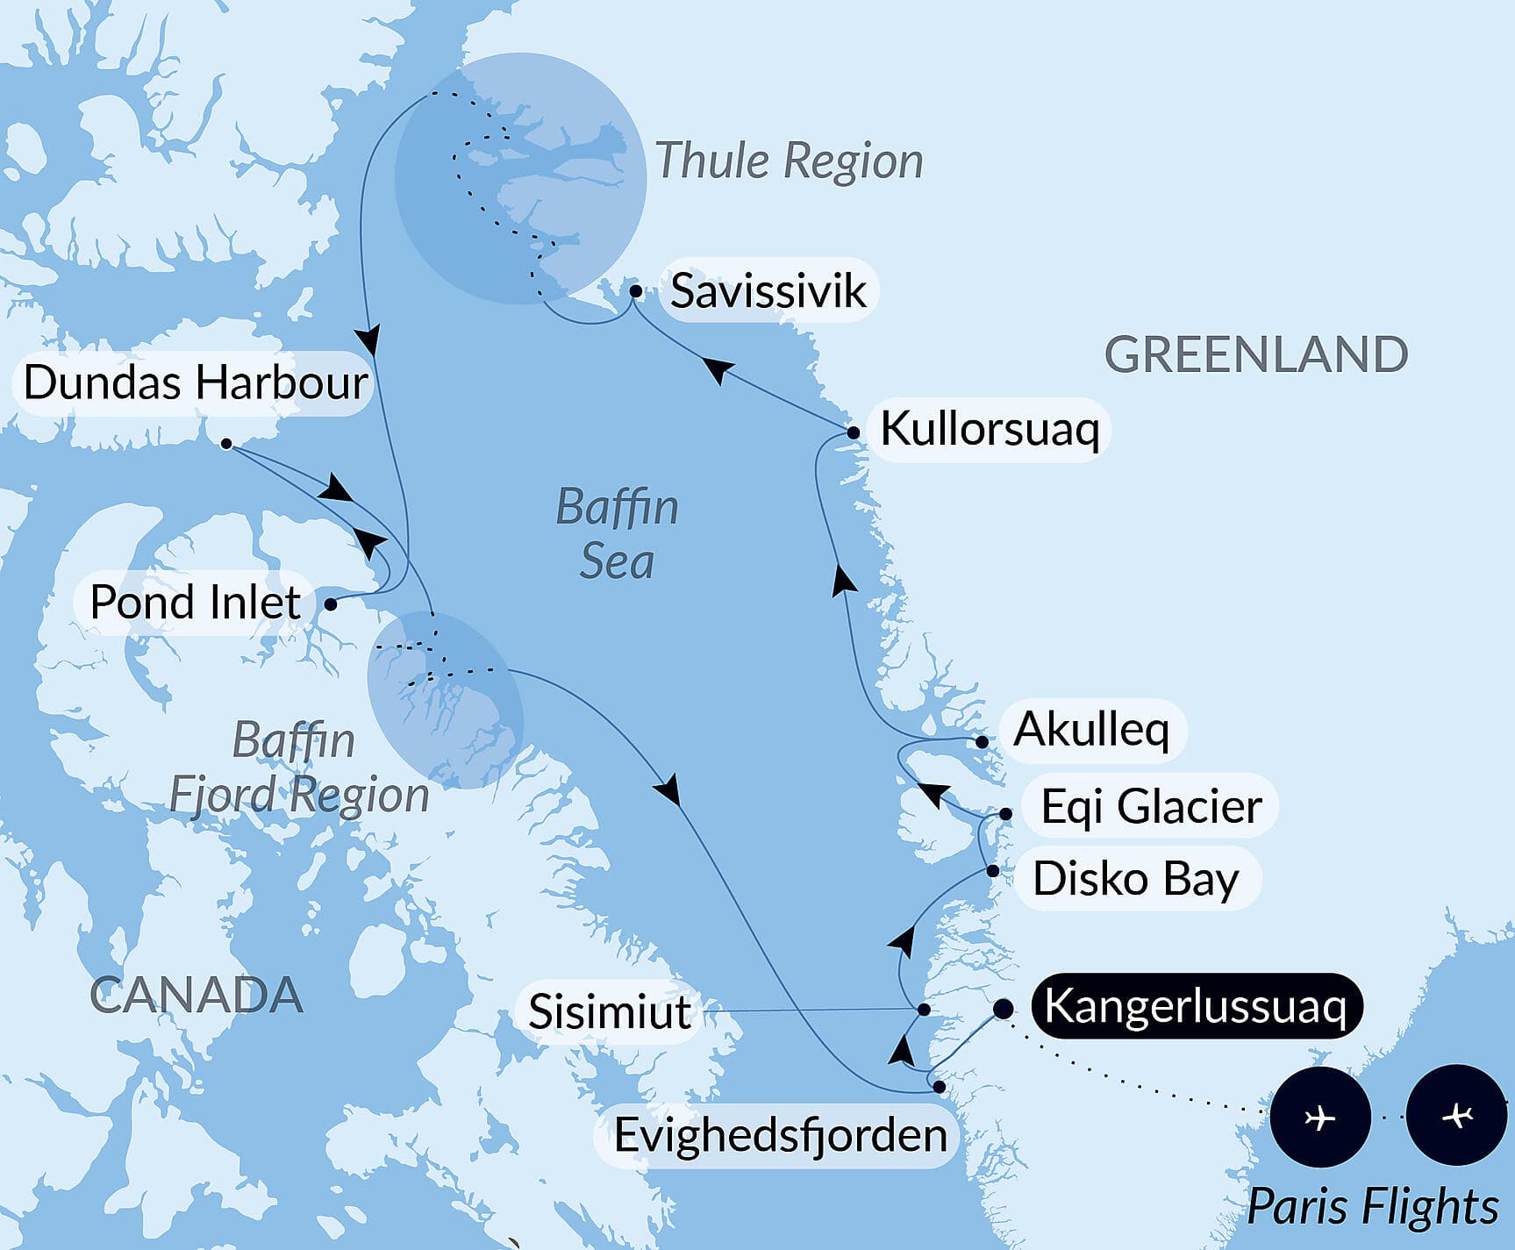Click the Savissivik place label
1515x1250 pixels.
tap(768, 290)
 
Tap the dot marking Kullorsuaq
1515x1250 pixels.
tap(853, 432)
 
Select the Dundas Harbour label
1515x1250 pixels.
tap(195, 382)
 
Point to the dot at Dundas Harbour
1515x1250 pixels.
tap(226, 444)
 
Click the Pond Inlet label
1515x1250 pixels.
tap(195, 602)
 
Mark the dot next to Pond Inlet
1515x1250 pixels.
tap(331, 604)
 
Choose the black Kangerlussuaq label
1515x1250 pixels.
tap(1195, 1005)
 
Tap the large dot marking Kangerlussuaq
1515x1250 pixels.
tap(1003, 1009)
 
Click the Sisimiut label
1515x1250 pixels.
tap(609, 1011)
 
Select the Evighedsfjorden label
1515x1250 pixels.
tap(780, 1135)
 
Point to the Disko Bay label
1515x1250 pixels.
tap(1135, 878)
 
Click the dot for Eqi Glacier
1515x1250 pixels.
tap(1006, 814)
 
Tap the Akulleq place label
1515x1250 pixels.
tap(1091, 729)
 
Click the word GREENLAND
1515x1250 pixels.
tap(1255, 354)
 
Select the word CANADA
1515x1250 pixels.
tap(197, 995)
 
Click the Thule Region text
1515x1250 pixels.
tap(789, 161)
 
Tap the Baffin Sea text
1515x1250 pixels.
tap(618, 533)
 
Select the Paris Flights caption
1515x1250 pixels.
tap(1372, 1206)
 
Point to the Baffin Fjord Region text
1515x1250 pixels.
tap(298, 768)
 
